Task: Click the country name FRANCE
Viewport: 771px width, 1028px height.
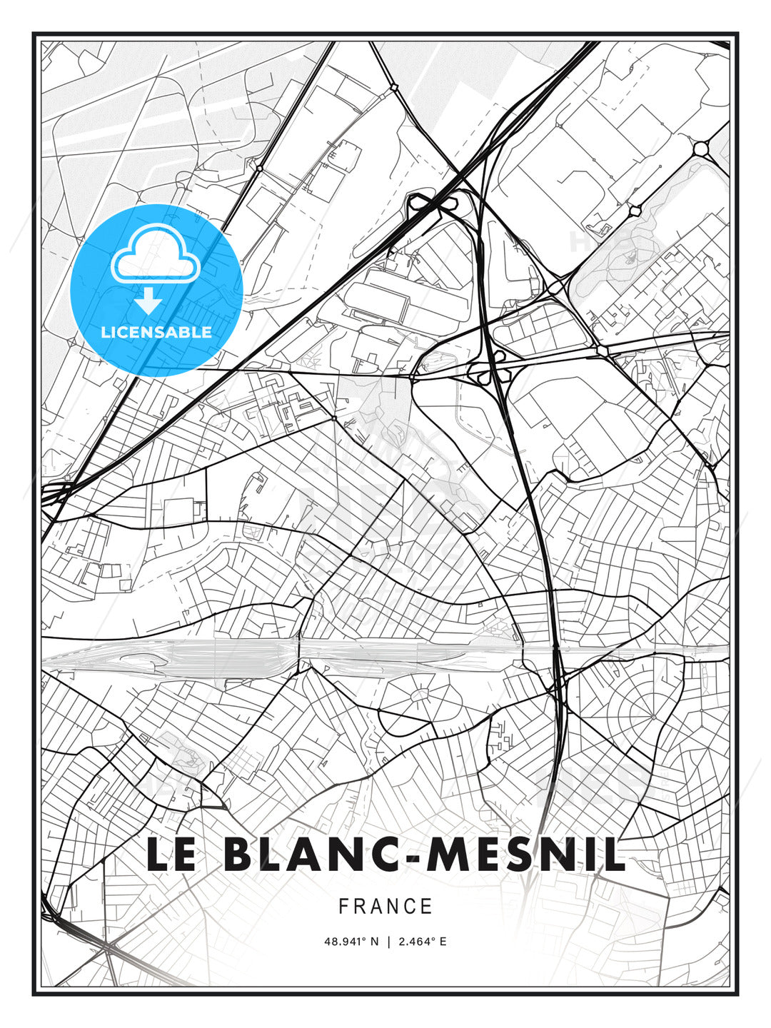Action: (x=385, y=907)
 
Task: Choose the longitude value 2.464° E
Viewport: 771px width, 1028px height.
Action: (x=423, y=942)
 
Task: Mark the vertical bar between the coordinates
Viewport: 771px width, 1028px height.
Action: (x=388, y=942)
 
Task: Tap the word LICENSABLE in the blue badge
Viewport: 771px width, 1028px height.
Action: (x=156, y=332)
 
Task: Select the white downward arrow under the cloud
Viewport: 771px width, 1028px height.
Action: (x=148, y=301)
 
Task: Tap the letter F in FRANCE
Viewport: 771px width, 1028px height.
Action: (x=343, y=907)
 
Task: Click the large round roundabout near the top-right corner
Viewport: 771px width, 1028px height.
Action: (x=700, y=148)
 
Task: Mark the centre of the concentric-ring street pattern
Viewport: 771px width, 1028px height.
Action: (x=652, y=716)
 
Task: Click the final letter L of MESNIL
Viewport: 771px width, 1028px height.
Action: (x=615, y=855)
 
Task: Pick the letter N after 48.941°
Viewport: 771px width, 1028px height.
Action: (x=374, y=942)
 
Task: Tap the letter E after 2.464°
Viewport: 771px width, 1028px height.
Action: (x=443, y=942)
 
